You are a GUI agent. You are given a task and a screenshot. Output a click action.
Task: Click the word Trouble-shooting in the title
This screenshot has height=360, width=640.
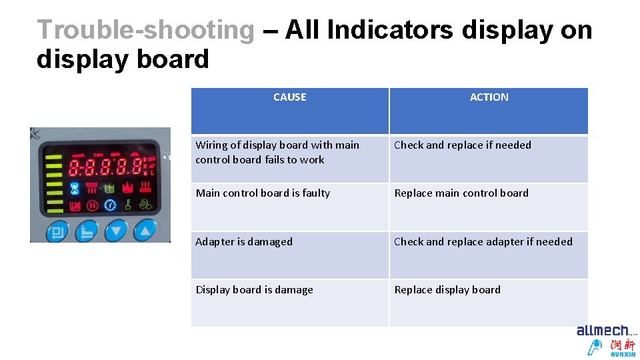[145, 30]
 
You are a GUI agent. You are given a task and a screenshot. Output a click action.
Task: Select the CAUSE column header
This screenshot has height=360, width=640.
[289, 97]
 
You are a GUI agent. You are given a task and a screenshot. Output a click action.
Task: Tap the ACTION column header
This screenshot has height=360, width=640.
[489, 97]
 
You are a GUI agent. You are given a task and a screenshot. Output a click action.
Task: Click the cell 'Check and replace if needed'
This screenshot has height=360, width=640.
[463, 145]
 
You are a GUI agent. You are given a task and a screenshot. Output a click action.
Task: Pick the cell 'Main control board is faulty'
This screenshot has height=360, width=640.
[263, 193]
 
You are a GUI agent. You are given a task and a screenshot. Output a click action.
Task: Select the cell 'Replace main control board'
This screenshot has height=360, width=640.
[461, 193]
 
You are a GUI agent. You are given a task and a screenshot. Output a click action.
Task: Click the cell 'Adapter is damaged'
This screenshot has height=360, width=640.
[244, 242]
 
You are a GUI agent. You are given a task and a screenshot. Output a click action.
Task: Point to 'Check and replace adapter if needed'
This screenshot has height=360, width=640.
[483, 242]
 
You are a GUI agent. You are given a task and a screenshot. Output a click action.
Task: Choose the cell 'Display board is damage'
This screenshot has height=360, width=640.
[254, 290]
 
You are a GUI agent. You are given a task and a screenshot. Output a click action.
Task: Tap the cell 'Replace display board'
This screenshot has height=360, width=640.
[447, 290]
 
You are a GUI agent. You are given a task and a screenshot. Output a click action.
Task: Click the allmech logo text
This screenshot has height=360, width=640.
[603, 331]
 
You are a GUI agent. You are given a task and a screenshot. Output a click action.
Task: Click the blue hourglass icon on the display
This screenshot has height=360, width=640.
[75, 187]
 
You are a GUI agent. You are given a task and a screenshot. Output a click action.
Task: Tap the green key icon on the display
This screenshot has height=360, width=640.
[127, 204]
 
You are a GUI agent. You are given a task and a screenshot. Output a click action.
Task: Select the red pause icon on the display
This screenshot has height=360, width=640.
[93, 205]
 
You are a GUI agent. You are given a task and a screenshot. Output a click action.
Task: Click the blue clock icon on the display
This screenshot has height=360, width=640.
[110, 205]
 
